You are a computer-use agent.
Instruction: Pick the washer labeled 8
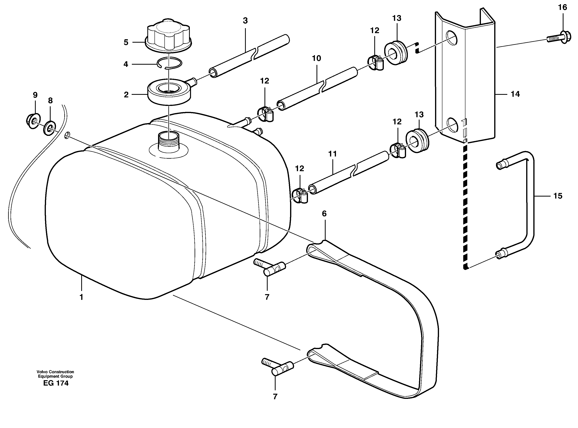coord(50,128)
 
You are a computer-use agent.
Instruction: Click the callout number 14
coord(515,94)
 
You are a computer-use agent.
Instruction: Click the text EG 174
coord(56,383)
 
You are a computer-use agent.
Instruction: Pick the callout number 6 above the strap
coord(324,214)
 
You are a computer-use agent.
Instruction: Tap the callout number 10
coord(316,58)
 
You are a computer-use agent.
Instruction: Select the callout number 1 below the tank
coord(81,297)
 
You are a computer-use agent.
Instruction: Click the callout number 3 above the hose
coord(245,21)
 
